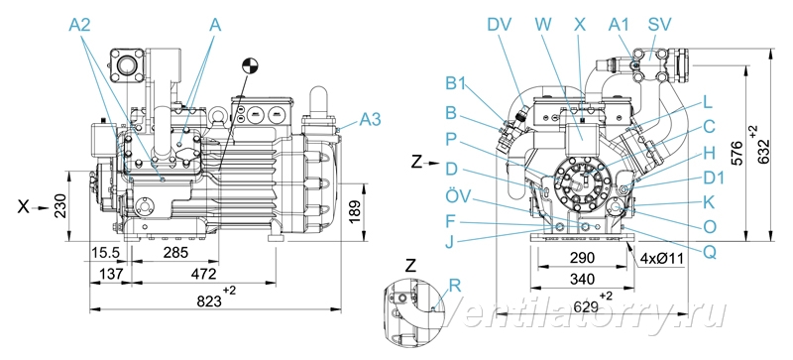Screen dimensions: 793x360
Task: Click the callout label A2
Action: click(x=79, y=25)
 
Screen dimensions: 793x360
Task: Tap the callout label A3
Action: click(x=370, y=119)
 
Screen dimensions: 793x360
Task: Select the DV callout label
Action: click(x=500, y=25)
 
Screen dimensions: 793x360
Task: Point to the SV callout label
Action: click(x=660, y=25)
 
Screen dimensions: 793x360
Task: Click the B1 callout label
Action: click(x=457, y=83)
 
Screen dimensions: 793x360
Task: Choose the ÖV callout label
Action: click(x=457, y=195)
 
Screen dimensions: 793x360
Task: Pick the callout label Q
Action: click(x=710, y=251)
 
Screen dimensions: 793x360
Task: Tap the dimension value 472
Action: click(x=204, y=274)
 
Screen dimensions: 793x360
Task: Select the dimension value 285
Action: click(x=175, y=252)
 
